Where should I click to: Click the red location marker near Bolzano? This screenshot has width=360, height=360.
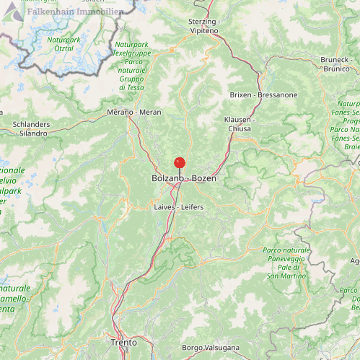[x=180, y=163]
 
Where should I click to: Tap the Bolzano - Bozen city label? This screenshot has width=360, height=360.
[x=184, y=177]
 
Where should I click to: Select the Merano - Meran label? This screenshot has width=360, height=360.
[x=134, y=113]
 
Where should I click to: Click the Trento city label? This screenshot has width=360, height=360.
[x=124, y=342]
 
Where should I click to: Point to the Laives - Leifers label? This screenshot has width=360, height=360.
[x=179, y=207]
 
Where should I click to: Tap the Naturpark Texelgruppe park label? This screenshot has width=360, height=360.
[x=131, y=65]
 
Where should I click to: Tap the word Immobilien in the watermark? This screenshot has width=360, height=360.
[x=100, y=12]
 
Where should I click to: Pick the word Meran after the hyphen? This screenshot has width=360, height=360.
[x=150, y=113]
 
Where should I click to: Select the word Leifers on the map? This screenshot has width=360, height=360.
[x=192, y=207]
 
